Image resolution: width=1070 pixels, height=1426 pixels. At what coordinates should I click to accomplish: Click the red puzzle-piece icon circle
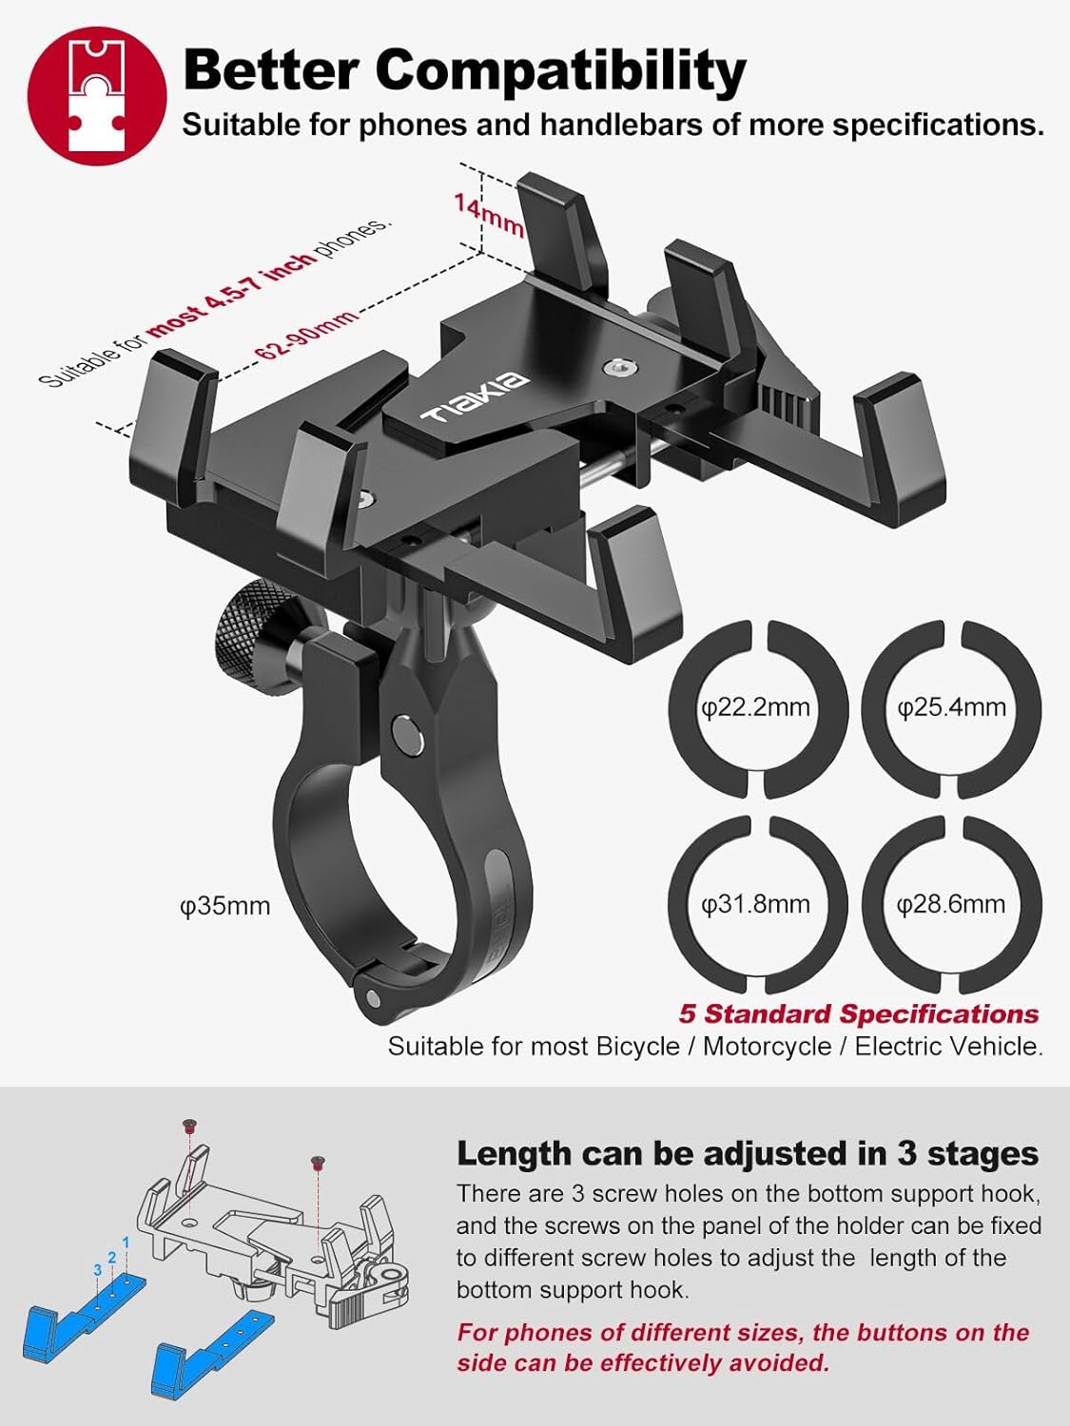(97, 95)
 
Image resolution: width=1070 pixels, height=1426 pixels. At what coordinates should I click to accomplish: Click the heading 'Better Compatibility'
(463, 69)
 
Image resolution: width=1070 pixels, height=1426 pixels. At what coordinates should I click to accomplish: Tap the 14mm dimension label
(488, 215)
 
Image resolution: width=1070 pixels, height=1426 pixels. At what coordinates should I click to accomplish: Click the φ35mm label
(224, 906)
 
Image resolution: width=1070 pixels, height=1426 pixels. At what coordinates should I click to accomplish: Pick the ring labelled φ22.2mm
(756, 708)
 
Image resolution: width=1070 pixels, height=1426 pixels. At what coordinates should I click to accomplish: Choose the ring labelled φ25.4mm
(951, 708)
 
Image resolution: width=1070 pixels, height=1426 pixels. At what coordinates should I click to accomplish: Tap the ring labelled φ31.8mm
(756, 904)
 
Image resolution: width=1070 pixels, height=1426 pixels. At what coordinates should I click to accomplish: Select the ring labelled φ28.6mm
(951, 904)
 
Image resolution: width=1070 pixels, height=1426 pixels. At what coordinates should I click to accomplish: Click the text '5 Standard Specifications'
(858, 1013)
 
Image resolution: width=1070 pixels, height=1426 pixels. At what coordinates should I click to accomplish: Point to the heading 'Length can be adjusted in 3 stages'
(747, 1153)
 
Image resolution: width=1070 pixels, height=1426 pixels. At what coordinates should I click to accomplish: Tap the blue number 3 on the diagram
(98, 1270)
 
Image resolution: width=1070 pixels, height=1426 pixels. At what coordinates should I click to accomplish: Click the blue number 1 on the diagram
(126, 1243)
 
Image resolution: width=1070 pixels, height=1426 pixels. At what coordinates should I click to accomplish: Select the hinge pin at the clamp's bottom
(372, 998)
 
